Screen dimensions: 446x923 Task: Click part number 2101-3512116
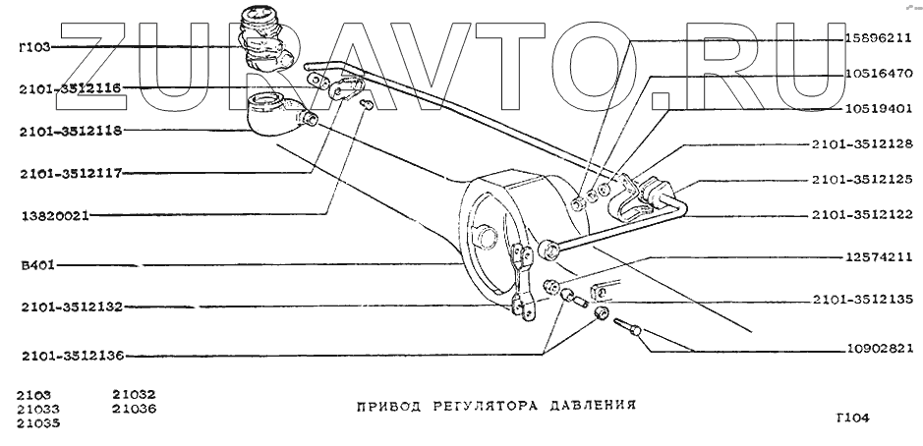click(68, 88)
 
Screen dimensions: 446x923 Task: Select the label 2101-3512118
click(68, 131)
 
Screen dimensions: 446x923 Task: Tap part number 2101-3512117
click(68, 173)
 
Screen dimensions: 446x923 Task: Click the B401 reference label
click(37, 264)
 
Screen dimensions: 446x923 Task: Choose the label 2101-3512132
click(68, 307)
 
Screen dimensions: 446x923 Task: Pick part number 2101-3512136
click(68, 355)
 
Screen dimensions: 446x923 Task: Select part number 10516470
click(878, 73)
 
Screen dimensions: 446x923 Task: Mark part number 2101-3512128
click(863, 144)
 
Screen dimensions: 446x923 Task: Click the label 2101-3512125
click(863, 180)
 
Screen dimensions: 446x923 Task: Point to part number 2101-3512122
click(863, 215)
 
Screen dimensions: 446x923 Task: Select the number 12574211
click(878, 257)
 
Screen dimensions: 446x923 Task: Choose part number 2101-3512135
click(863, 299)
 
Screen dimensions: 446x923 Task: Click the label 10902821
click(878, 348)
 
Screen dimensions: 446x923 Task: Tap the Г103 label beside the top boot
click(35, 46)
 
